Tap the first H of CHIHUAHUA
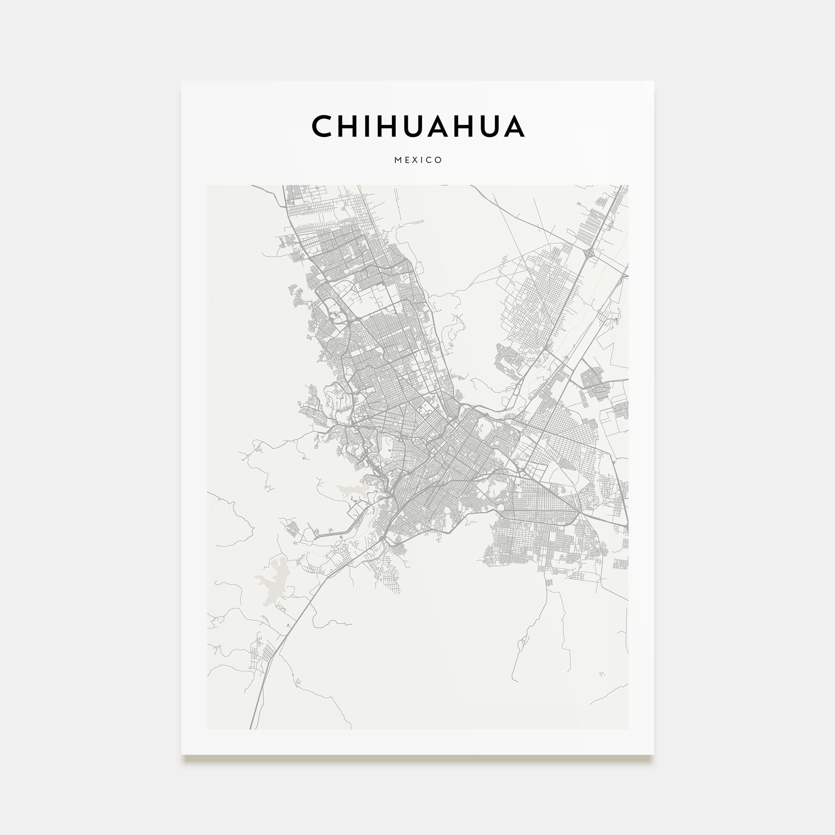(x=348, y=126)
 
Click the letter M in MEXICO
(x=397, y=160)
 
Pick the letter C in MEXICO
(x=430, y=160)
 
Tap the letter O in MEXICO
(x=439, y=160)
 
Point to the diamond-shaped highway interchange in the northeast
(x=589, y=254)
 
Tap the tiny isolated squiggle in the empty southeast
(x=602, y=673)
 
